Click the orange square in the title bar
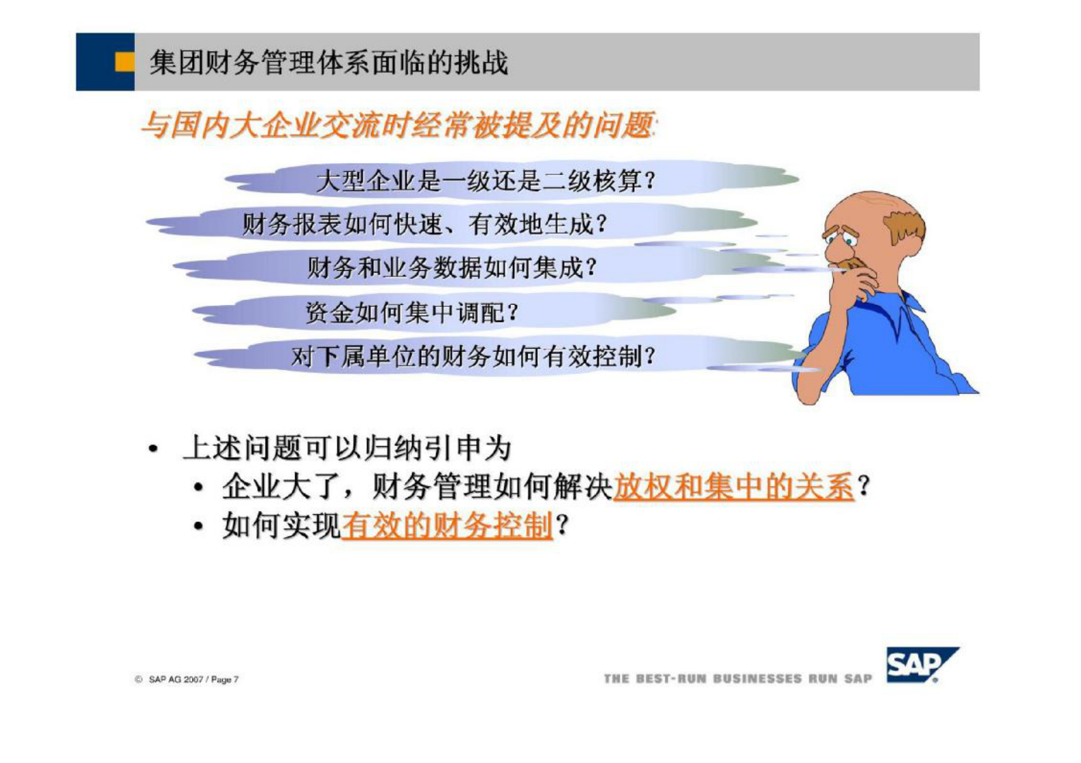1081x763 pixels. (x=125, y=62)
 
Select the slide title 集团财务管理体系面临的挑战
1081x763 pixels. (x=329, y=63)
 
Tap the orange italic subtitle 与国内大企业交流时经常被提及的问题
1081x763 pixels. (x=398, y=126)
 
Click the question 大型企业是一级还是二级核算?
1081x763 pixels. (x=486, y=181)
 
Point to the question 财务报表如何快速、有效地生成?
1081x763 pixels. (x=424, y=224)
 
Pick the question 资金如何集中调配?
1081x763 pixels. (x=411, y=312)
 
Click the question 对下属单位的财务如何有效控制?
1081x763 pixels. (x=473, y=356)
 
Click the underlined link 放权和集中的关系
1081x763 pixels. (x=733, y=487)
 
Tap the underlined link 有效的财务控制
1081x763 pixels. (x=447, y=526)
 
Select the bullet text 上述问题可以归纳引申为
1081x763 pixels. (x=347, y=448)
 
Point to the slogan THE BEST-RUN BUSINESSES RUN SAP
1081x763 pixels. (x=737, y=679)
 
